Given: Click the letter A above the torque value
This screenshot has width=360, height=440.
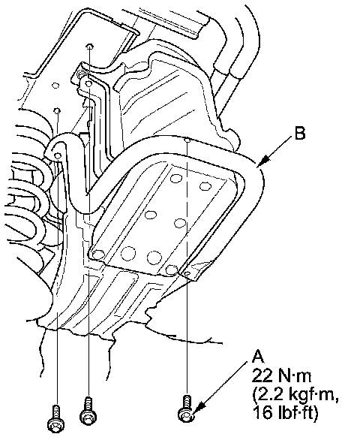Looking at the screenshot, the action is tap(258, 357).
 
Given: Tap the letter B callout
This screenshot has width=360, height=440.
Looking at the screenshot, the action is tap(300, 133).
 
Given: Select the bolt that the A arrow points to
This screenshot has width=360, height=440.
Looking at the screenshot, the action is tap(186, 408).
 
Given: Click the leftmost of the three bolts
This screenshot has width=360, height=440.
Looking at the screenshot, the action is tap(55, 417).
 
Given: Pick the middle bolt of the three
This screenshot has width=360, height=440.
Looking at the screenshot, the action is tap(88, 410).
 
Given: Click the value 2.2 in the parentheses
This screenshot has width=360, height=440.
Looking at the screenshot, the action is tap(268, 395).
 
